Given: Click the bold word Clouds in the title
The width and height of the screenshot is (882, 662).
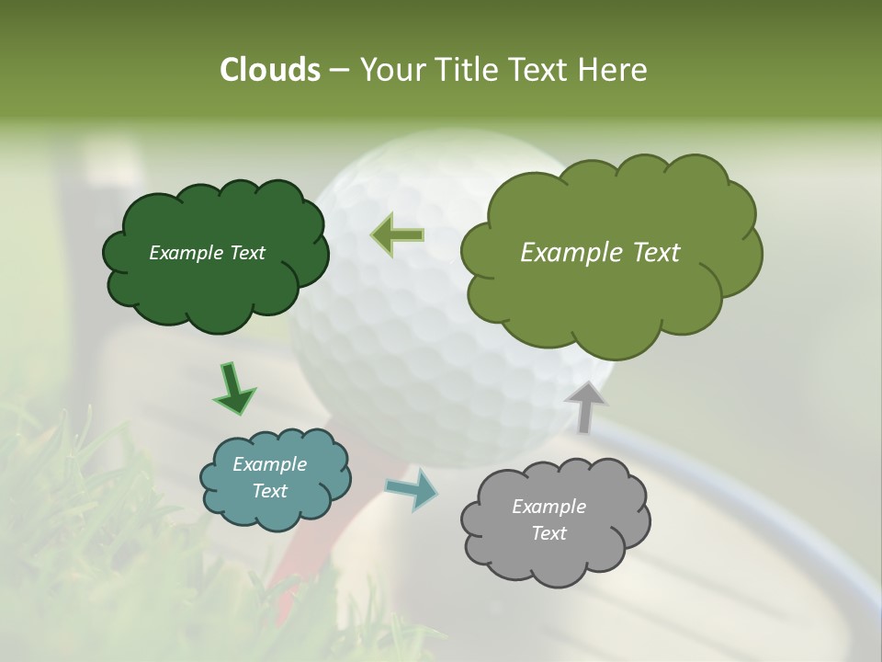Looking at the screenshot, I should click(269, 70).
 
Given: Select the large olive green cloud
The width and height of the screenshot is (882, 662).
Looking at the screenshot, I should click(606, 294).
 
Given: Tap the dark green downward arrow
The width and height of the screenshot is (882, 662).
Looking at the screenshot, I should click(233, 388).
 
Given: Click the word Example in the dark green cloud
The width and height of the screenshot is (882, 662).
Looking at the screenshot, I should click(185, 253).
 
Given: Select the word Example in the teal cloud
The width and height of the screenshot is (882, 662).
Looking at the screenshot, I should click(269, 464).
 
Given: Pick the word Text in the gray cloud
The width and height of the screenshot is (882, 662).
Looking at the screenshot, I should click(548, 533).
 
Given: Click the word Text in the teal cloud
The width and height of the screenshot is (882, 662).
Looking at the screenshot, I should click(269, 491).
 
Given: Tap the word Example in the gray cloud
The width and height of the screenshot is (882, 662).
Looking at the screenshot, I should click(548, 507).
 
